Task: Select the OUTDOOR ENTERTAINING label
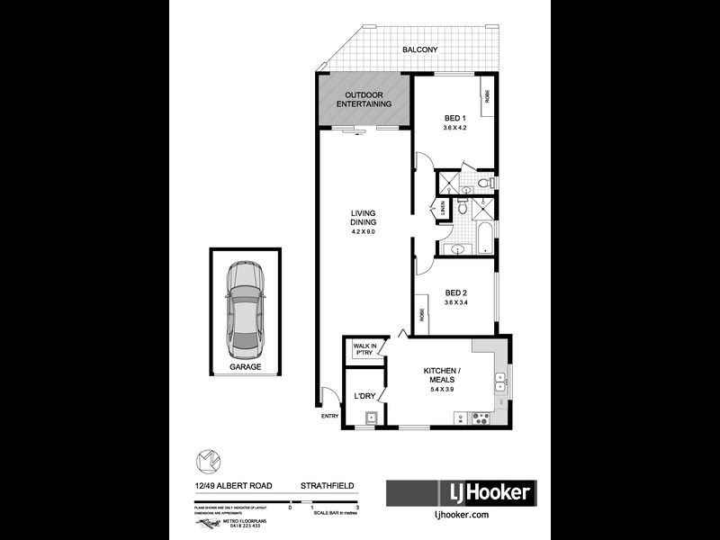(x=364, y=100)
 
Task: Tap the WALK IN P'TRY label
(x=364, y=348)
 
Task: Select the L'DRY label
(x=364, y=396)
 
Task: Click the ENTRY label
(x=329, y=416)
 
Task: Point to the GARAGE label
(x=244, y=367)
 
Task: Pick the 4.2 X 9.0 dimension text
(x=364, y=232)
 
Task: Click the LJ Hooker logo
(x=461, y=492)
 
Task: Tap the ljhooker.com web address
(x=461, y=515)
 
